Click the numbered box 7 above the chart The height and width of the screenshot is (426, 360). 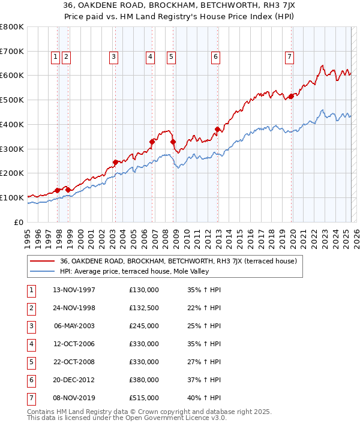pos(289,57)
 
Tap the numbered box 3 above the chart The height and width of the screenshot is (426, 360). pos(113,57)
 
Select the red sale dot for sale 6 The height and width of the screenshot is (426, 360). pos(217,129)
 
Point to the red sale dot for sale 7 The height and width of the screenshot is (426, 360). pos(291,96)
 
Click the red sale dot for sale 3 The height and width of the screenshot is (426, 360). pos(115,162)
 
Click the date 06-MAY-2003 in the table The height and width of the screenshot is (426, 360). pos(74,326)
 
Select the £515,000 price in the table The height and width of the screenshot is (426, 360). pos(143,398)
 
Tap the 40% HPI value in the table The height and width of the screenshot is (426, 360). pos(203,398)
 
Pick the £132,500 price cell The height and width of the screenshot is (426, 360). pos(143,308)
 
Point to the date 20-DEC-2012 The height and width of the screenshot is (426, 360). pos(74,380)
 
